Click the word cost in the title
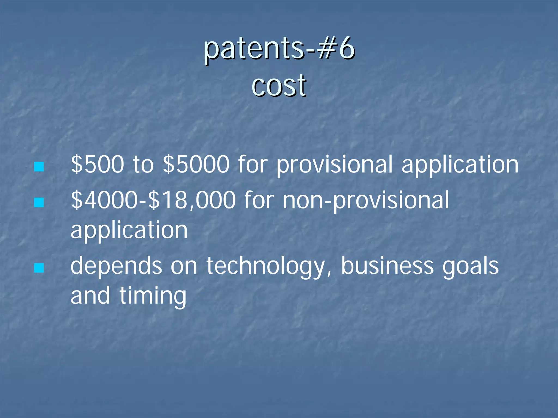[x=279, y=86]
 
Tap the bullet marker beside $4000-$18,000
[x=39, y=202]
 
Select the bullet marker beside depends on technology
[x=39, y=268]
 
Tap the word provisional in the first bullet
[x=335, y=165]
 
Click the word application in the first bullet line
[x=460, y=165]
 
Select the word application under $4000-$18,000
[x=129, y=231]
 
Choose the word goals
[x=471, y=266]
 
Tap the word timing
[x=153, y=296]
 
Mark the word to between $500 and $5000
[x=143, y=165]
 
